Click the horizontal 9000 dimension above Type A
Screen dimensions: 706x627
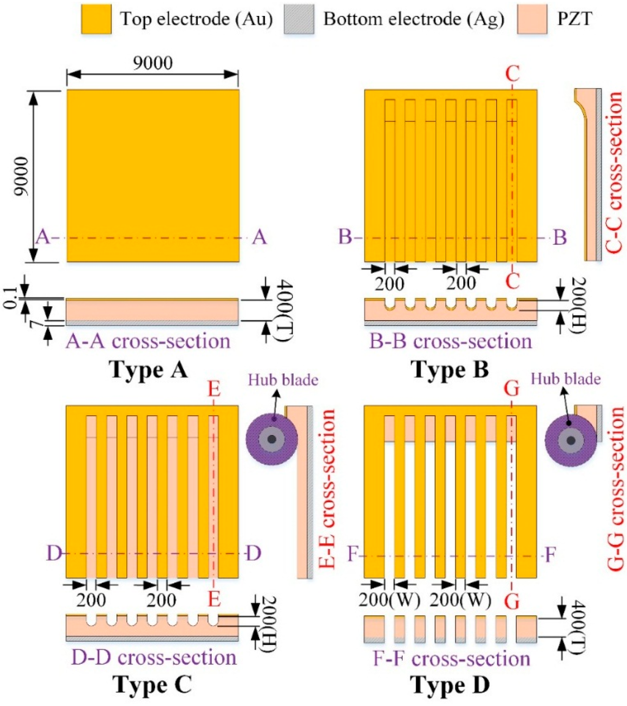(x=152, y=62)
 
